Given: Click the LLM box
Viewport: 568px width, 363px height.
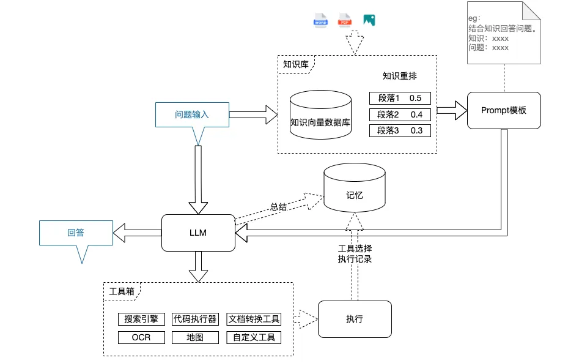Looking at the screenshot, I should coord(198,233).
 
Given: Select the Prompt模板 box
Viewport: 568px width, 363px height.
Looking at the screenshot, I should coord(504,110).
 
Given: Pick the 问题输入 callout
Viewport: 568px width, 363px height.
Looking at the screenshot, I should coord(193,114).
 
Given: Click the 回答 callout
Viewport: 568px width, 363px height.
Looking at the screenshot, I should coord(76,233).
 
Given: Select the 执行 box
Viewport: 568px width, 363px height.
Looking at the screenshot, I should coord(355,319).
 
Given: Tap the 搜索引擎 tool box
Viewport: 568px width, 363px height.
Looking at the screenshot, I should coord(141,319).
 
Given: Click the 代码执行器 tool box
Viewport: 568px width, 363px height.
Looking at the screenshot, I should coord(195,319).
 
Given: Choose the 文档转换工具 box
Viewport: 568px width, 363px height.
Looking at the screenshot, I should coord(253,319).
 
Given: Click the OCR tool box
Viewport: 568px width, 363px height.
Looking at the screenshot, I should coord(141,337).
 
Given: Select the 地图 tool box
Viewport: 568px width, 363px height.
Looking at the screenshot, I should coord(195,337).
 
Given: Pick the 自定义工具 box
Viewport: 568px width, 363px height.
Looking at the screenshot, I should coord(253,337).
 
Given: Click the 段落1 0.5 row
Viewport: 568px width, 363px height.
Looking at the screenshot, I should coord(400,98).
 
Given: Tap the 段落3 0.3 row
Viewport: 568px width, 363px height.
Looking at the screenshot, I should coord(400,130).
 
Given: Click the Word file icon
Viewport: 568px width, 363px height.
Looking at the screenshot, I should coord(321,20).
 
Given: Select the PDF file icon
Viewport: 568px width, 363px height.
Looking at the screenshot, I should coord(345,20).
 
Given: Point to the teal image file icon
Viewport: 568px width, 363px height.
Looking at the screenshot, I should coord(369,20).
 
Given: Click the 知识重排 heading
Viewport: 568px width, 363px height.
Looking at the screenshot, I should coord(400,77).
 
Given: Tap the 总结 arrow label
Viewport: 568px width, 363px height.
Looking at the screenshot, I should coord(279,206).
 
